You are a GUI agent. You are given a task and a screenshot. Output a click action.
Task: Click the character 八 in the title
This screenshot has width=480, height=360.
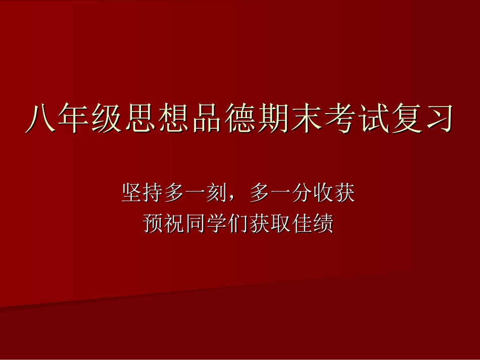pyautogui.click(x=40, y=119)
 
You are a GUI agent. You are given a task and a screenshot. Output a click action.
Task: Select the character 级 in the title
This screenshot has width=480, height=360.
pyautogui.click(x=101, y=119)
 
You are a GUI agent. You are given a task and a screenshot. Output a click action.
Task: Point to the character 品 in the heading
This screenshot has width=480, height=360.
pyautogui.click(x=193, y=119)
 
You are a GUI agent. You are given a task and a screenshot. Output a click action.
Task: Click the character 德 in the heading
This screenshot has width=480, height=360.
pyautogui.click(x=224, y=119)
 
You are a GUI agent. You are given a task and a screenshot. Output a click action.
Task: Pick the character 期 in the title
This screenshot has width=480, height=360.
pyautogui.click(x=255, y=119)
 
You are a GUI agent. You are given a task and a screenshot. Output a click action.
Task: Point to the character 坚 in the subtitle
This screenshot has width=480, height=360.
pyautogui.click(x=132, y=193)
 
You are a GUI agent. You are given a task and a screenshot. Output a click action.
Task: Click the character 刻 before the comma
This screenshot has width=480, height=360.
pyautogui.click(x=217, y=193)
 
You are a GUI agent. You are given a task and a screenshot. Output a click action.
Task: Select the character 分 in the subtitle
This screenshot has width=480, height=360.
pyautogui.click(x=302, y=193)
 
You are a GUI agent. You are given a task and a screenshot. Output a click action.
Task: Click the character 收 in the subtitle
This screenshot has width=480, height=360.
pyautogui.click(x=323, y=193)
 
